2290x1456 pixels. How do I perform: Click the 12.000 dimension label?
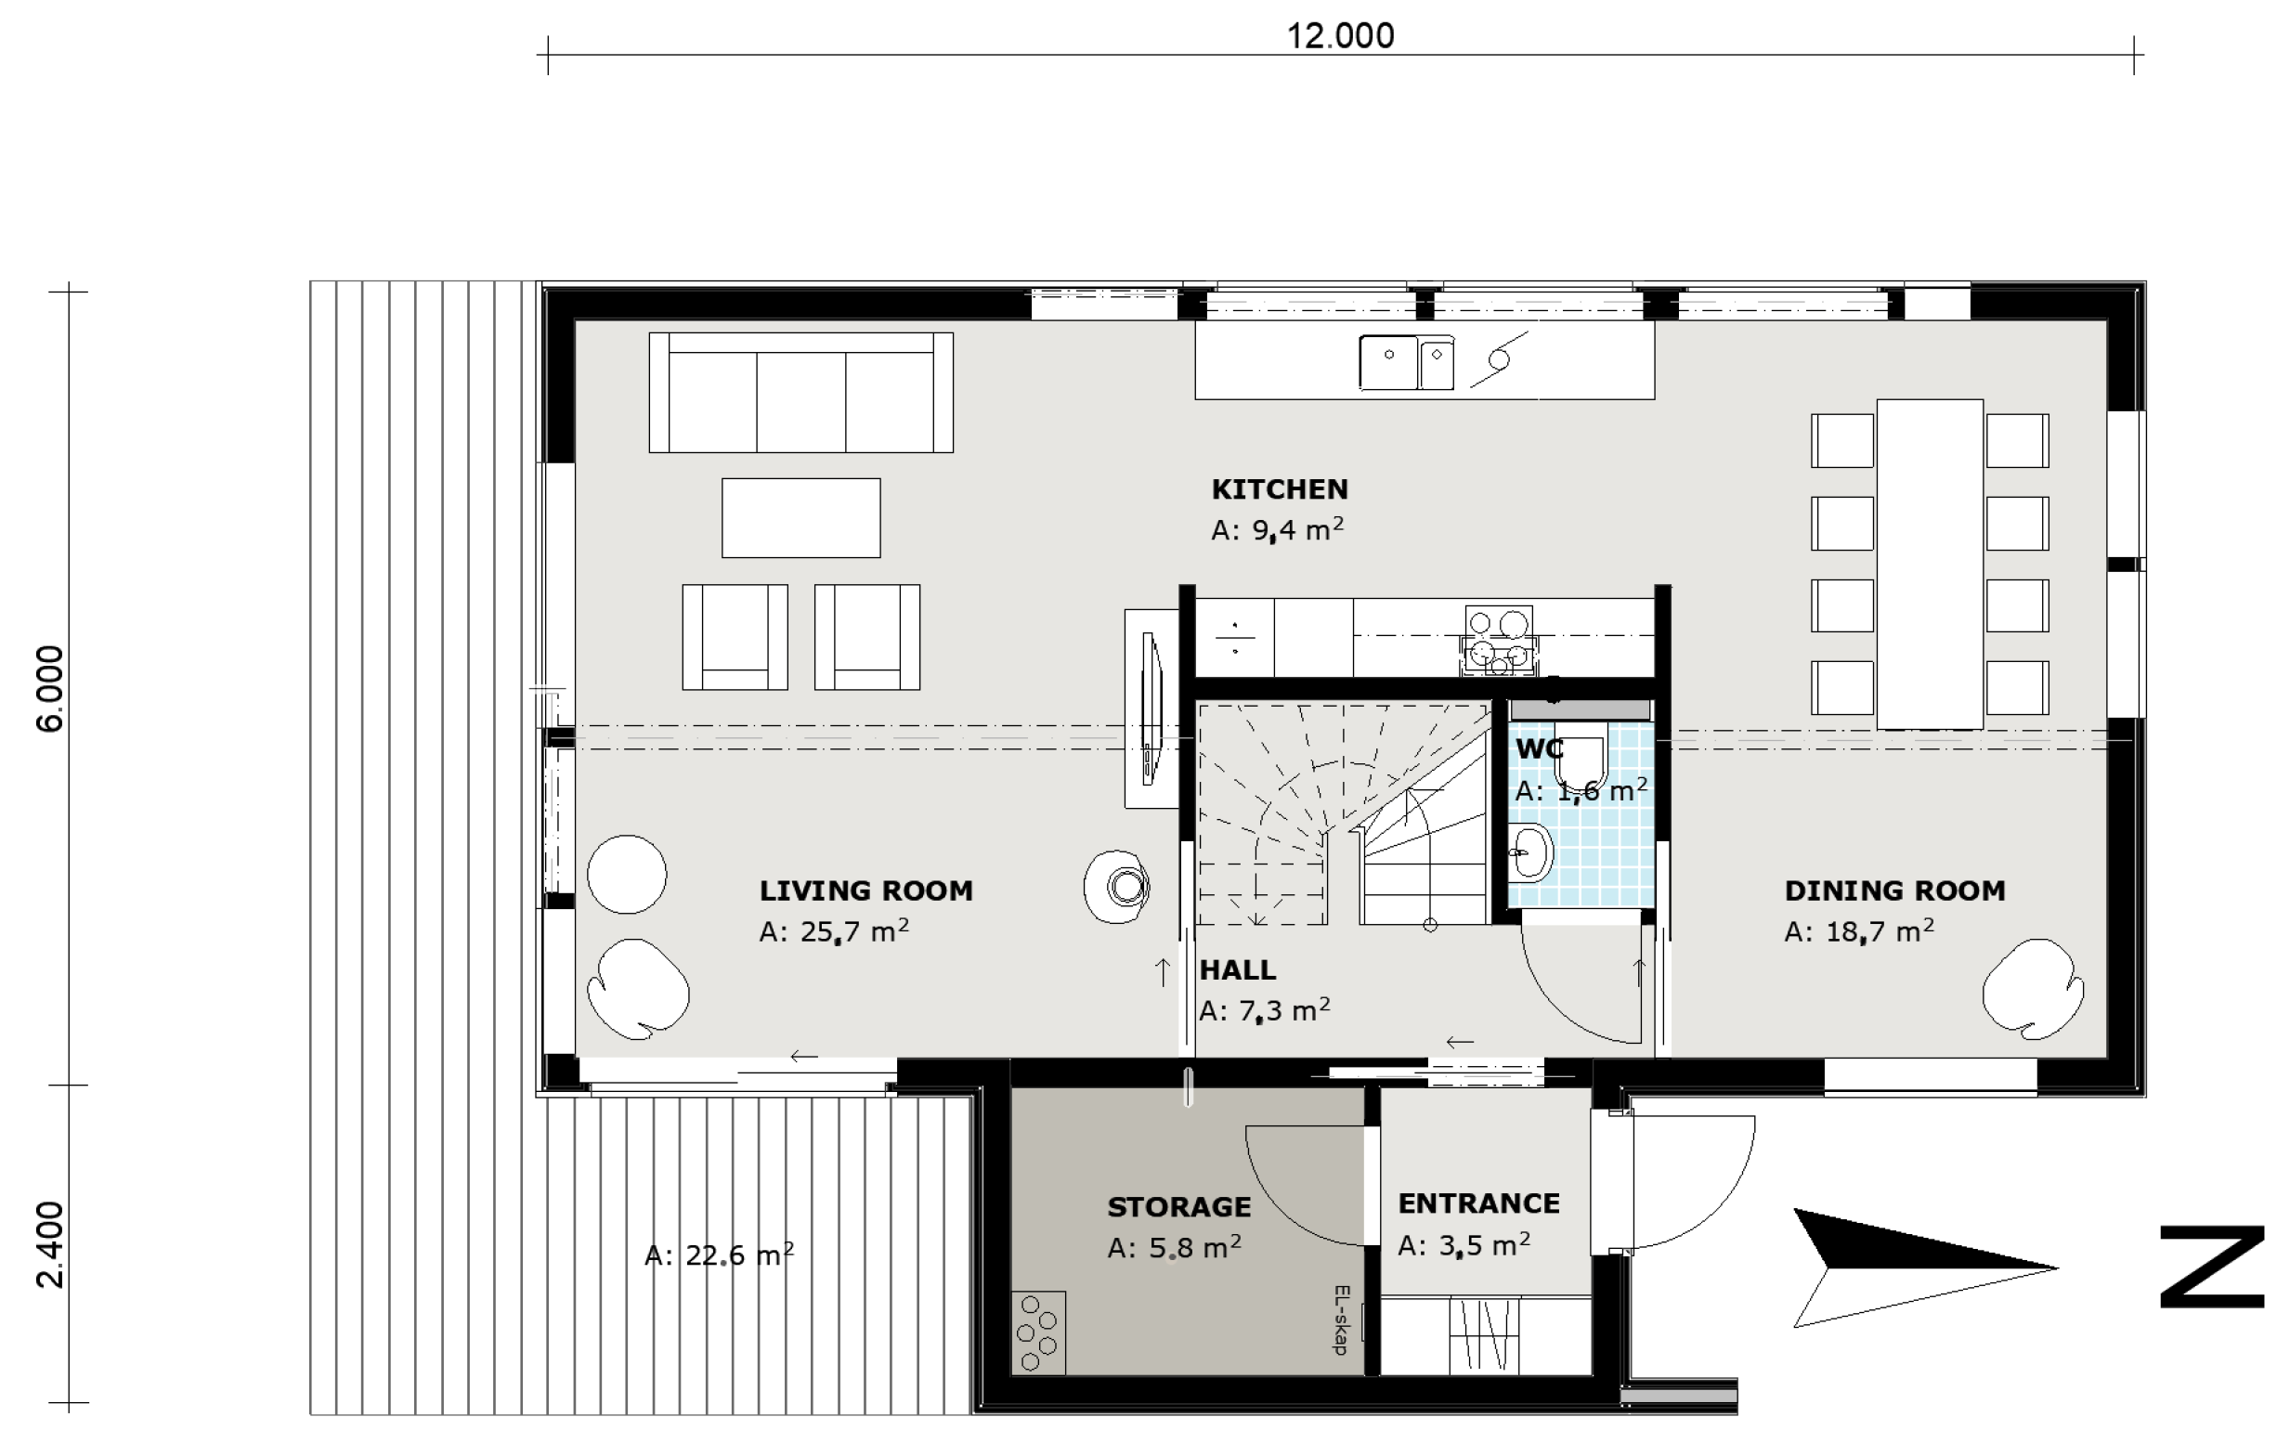[x=1340, y=36]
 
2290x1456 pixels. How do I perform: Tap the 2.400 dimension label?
[x=49, y=1244]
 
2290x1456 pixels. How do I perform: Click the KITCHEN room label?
[x=1279, y=488]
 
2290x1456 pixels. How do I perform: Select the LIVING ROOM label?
[x=865, y=890]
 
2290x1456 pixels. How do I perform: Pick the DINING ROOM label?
[x=1894, y=890]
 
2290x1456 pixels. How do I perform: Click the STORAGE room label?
[x=1178, y=1207]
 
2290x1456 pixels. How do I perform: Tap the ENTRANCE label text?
[x=1477, y=1203]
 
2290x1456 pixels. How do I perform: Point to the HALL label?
[x=1237, y=969]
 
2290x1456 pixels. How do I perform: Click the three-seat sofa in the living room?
[x=800, y=392]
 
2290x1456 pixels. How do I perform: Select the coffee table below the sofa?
[x=800, y=517]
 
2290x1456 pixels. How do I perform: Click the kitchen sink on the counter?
[x=1407, y=362]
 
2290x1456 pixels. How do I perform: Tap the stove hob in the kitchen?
[x=1498, y=640]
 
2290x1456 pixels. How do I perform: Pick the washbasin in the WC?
[x=1530, y=853]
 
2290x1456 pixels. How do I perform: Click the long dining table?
[x=1930, y=564]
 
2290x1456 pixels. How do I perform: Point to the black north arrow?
[x=1925, y=1267]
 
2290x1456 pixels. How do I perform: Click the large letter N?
[x=2212, y=1267]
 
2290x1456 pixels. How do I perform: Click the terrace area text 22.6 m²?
[x=719, y=1255]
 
